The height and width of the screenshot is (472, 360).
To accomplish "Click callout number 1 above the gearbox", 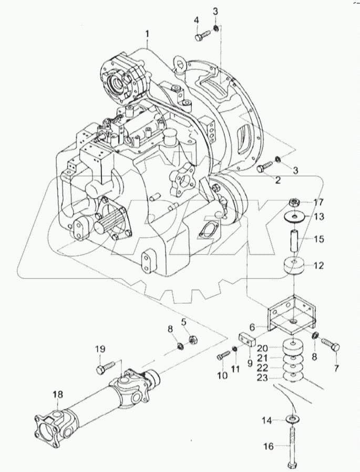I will tap(148, 34).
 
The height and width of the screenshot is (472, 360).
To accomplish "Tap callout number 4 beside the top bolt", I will tap(197, 20).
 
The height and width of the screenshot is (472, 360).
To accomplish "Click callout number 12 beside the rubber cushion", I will tap(318, 266).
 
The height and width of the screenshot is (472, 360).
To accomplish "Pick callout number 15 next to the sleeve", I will tap(318, 239).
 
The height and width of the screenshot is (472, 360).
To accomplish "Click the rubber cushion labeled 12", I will tap(294, 267).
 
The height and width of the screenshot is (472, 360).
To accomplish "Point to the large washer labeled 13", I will tap(295, 217).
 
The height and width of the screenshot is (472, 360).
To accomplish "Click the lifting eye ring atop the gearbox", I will tap(181, 66).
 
